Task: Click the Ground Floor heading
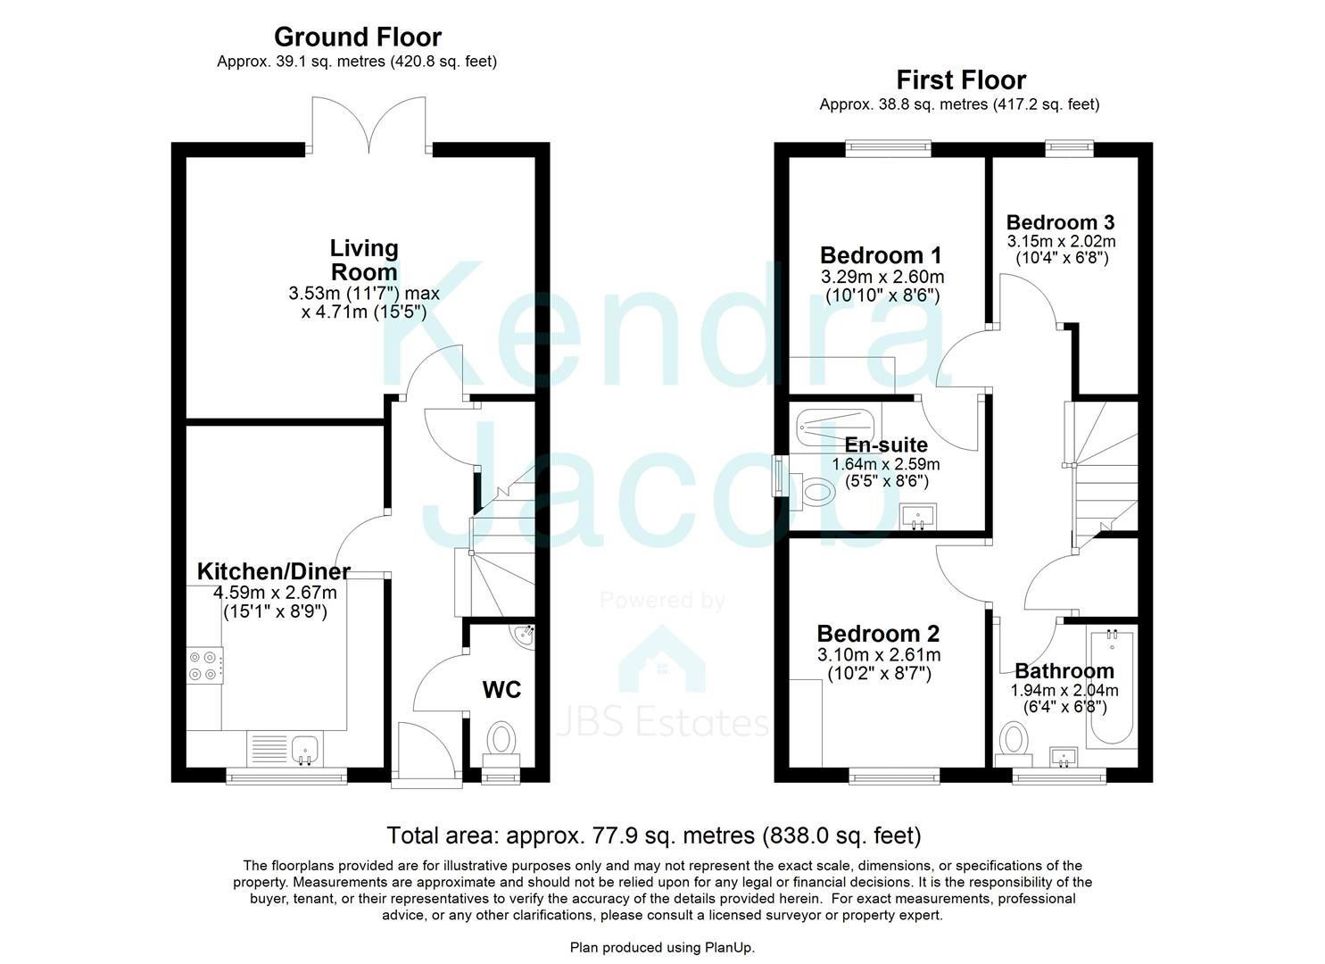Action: click(x=357, y=37)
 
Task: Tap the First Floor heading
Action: click(x=961, y=79)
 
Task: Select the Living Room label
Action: click(x=364, y=260)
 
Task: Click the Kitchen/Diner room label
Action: click(x=273, y=571)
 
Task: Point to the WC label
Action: click(x=501, y=689)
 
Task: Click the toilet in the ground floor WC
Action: click(x=501, y=742)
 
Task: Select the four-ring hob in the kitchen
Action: click(x=203, y=666)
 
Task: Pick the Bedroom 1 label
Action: click(x=881, y=255)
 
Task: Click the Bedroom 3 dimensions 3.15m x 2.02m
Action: click(x=1061, y=241)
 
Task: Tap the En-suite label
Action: click(x=886, y=445)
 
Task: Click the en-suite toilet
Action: click(x=814, y=490)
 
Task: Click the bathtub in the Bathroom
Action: click(x=1111, y=687)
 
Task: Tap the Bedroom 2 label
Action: click(x=878, y=634)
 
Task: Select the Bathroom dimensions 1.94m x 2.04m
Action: click(x=1064, y=690)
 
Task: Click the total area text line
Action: click(x=653, y=835)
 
